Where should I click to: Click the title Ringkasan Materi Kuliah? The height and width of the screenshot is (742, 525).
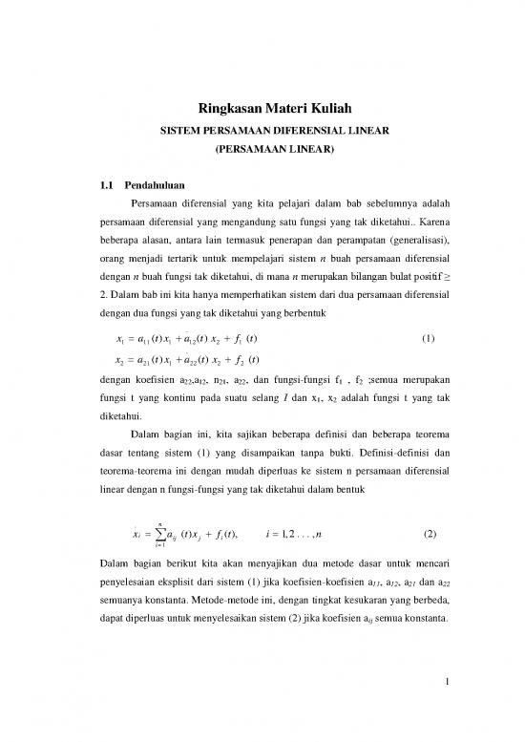tap(262, 110)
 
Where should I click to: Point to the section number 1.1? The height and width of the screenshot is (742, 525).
tap(108, 184)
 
